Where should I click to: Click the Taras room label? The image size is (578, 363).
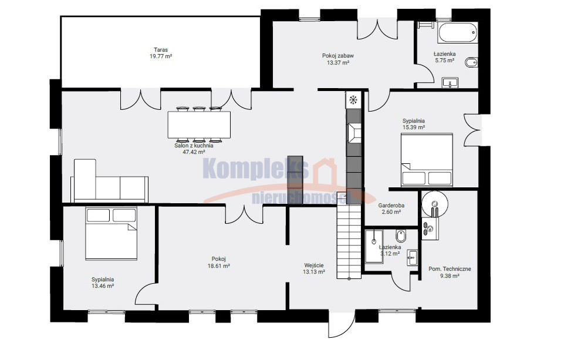(161, 50)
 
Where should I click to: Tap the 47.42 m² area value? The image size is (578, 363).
(194, 152)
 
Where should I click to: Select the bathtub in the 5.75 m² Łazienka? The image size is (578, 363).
(458, 33)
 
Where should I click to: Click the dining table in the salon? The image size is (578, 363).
(199, 125)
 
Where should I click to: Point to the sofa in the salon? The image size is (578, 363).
(110, 181)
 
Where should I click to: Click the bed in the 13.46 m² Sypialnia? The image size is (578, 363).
(111, 233)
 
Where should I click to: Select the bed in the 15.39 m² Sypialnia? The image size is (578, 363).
(427, 160)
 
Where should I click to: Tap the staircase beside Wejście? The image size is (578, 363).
(349, 242)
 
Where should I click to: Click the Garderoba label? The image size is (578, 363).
(391, 206)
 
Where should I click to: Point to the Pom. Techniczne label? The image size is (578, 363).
(449, 269)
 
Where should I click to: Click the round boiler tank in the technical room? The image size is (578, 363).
(435, 203)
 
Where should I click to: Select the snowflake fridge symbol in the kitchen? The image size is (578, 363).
(353, 99)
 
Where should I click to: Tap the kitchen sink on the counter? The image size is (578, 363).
(354, 132)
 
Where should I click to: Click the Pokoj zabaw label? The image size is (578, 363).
(338, 56)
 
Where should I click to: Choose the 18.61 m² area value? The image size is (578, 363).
(219, 265)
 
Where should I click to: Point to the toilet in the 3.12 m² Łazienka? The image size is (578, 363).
(400, 236)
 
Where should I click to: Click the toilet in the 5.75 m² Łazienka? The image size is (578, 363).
(471, 62)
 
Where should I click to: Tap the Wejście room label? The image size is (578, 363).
(314, 265)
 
